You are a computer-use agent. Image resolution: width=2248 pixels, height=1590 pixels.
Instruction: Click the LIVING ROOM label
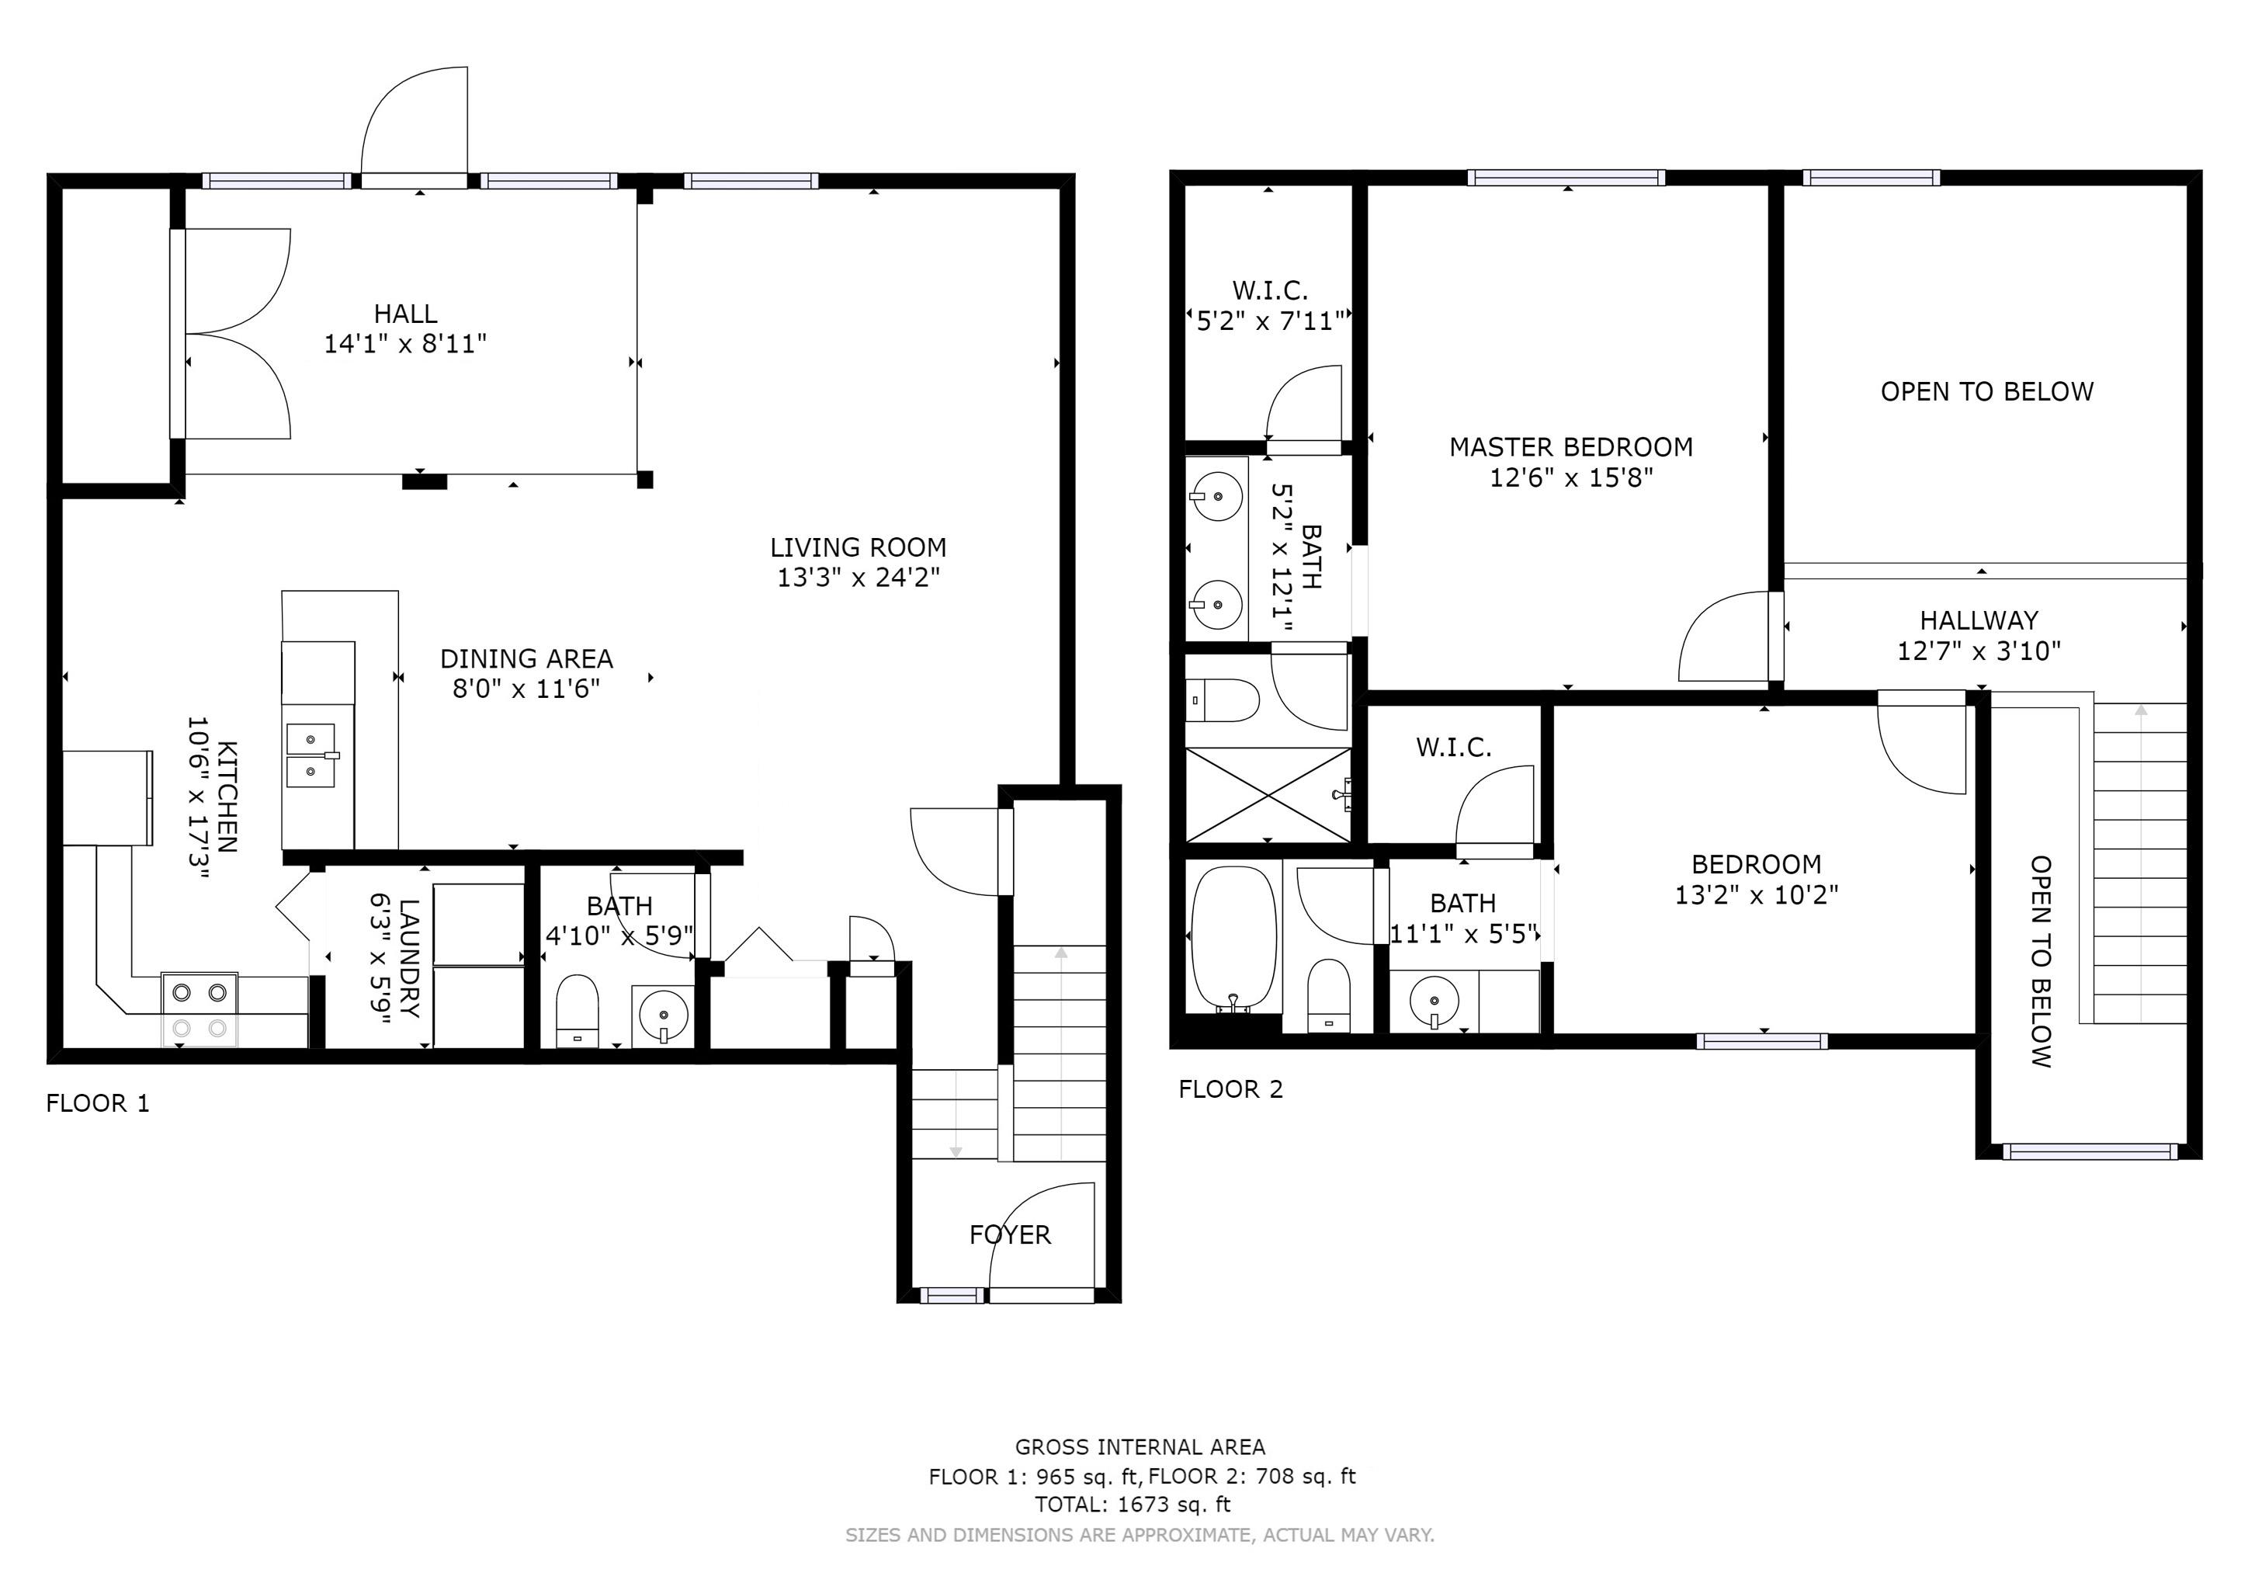click(x=858, y=547)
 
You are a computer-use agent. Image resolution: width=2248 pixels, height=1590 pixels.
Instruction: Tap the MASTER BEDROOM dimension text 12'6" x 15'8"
click(x=1571, y=477)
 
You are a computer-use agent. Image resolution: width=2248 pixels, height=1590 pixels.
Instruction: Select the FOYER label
click(x=1009, y=1234)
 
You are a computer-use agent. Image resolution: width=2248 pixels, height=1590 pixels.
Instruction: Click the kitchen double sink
click(x=310, y=756)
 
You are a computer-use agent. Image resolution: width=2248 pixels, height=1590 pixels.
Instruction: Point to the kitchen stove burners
click(x=199, y=1009)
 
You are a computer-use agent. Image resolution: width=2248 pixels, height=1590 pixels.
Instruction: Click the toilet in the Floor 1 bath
click(x=577, y=1010)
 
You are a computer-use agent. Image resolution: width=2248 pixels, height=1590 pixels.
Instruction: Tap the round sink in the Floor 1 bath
click(x=663, y=1015)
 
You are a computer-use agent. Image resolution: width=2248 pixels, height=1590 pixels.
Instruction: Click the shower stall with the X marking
click(x=1268, y=794)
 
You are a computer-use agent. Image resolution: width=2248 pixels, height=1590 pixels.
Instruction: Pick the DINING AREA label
click(x=527, y=659)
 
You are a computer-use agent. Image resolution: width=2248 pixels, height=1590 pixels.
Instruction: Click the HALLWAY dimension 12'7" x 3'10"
click(x=1979, y=651)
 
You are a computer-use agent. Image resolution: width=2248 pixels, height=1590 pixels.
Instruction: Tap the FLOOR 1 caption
click(x=98, y=1103)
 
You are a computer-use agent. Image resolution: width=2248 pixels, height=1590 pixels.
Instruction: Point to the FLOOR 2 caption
click(x=1230, y=1088)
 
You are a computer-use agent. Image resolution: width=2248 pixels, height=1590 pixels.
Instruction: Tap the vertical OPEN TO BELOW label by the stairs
click(x=2042, y=961)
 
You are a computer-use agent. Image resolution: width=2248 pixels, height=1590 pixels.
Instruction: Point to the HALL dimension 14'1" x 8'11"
click(x=405, y=344)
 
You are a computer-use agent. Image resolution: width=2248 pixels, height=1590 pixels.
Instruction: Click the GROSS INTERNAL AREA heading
click(x=1140, y=1447)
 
